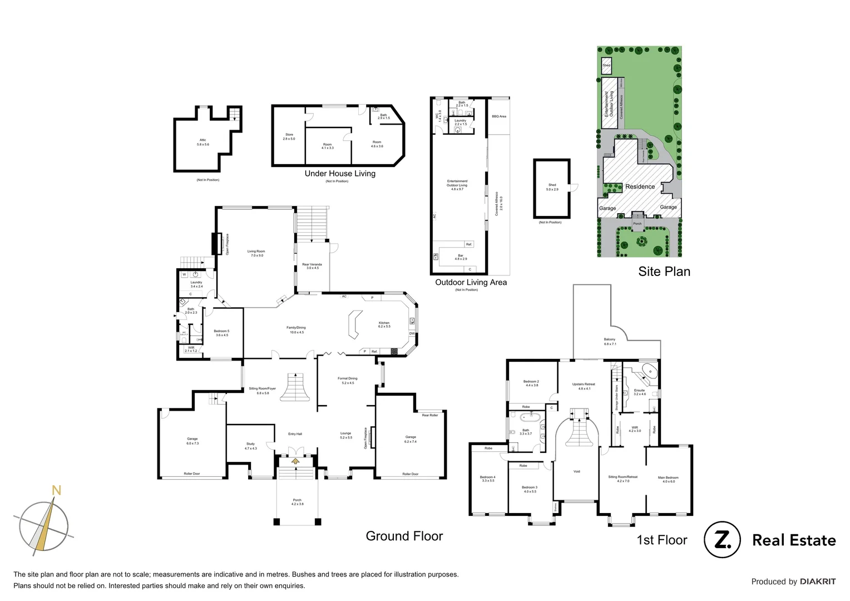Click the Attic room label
202,142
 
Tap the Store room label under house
289,136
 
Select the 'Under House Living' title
340,174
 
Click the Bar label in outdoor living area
461,257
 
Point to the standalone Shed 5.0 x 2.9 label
552,187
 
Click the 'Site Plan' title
664,272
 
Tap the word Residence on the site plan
640,186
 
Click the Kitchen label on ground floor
384,324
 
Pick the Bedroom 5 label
221,333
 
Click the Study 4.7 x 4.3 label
250,446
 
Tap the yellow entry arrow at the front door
295,460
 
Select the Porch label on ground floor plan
297,502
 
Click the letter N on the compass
56,490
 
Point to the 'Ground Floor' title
404,536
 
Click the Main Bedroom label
668,479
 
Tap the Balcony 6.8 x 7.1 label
610,341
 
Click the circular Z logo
722,540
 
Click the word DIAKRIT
817,582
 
